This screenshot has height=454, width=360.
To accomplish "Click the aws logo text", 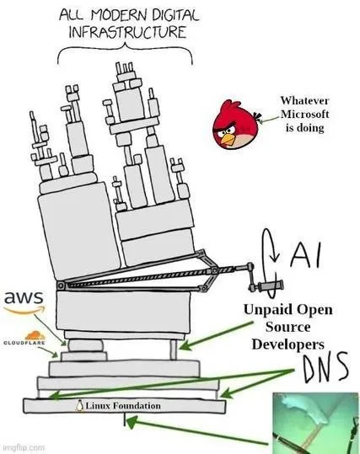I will tap(21, 298).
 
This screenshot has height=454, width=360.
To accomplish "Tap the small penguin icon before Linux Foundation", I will tap(79, 406).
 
